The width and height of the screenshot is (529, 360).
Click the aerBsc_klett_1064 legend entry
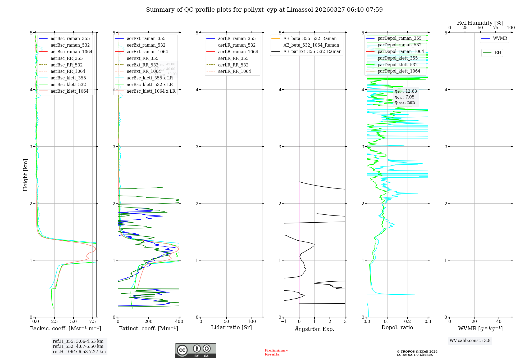69,91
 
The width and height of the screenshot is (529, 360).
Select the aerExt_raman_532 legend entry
146,45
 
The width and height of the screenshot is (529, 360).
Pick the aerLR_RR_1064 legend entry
234,71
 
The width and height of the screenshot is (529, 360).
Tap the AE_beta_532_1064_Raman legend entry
311,45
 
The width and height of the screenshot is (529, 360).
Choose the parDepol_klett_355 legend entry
398,58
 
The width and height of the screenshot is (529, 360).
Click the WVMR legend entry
500,38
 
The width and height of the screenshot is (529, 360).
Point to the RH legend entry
498,53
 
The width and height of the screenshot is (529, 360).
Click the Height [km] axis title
25,175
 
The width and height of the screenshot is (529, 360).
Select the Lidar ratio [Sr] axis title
231,327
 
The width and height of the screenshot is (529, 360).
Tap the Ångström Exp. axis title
314,329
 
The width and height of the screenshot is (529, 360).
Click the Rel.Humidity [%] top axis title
480,23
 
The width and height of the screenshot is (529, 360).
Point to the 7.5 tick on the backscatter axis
93,322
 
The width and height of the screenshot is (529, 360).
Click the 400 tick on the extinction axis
179,322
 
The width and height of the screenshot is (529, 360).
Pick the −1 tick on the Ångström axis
284,322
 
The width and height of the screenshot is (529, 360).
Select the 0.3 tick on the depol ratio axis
428,322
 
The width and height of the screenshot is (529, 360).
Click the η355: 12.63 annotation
405,91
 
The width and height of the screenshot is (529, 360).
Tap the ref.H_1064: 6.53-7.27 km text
79,352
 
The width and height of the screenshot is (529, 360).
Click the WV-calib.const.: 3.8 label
470,341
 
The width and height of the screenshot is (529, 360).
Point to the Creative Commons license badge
195,351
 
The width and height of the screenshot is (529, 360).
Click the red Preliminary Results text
276,352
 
